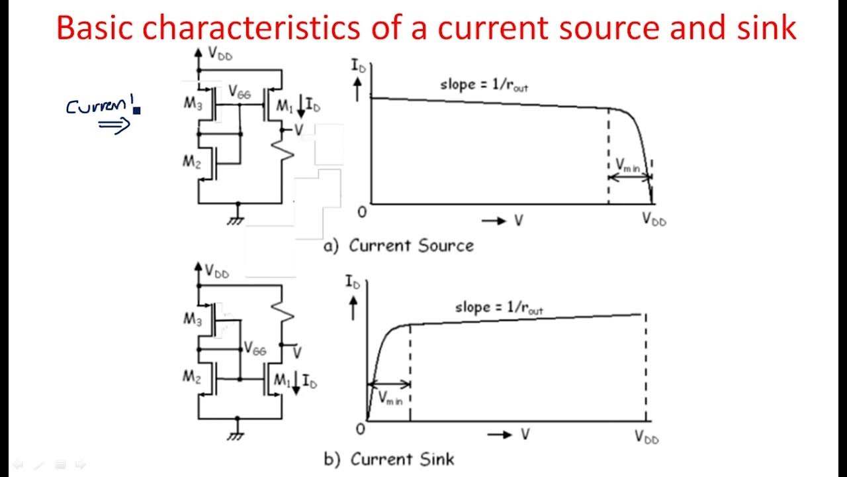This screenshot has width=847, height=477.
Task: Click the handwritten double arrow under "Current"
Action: pyautogui.click(x=114, y=125)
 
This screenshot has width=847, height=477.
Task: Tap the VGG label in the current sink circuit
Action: pyautogui.click(x=255, y=348)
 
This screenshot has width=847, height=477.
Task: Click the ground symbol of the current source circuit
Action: pyautogui.click(x=236, y=220)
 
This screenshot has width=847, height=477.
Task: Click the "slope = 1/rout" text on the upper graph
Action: pyautogui.click(x=484, y=85)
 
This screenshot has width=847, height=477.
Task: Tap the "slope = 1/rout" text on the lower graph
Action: pyautogui.click(x=499, y=308)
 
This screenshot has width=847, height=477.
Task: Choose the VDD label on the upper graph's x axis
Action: pyautogui.click(x=653, y=219)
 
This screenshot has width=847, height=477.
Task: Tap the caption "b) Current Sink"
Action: pyautogui.click(x=389, y=459)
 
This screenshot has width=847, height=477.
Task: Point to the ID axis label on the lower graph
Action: pyautogui.click(x=353, y=282)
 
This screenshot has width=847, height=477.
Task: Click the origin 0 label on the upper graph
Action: pyautogui.click(x=361, y=212)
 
